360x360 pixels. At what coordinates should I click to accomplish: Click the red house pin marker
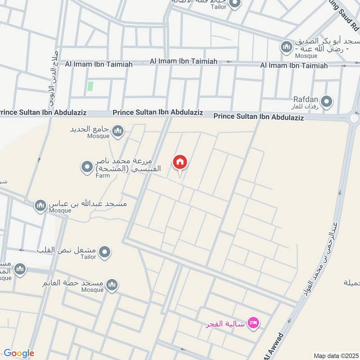(180, 162)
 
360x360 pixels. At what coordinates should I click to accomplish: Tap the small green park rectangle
(90, 85)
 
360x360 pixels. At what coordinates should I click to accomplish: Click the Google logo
(19, 353)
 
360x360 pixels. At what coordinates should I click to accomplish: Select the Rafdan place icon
(327, 103)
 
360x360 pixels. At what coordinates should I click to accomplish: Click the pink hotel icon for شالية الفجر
(254, 324)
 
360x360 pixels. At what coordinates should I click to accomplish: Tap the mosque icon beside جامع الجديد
(118, 131)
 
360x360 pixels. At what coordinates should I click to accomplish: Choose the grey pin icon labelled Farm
(86, 168)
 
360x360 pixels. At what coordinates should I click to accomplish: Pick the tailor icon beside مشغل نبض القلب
(105, 252)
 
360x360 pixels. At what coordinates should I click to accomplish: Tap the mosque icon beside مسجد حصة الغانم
(112, 285)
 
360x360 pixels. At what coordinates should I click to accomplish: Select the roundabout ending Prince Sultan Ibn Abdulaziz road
(354, 118)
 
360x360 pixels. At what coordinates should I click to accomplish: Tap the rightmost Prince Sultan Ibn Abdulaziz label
(258, 117)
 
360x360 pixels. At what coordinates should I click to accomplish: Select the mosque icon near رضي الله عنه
(287, 47)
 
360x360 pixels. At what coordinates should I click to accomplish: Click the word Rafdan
(306, 99)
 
